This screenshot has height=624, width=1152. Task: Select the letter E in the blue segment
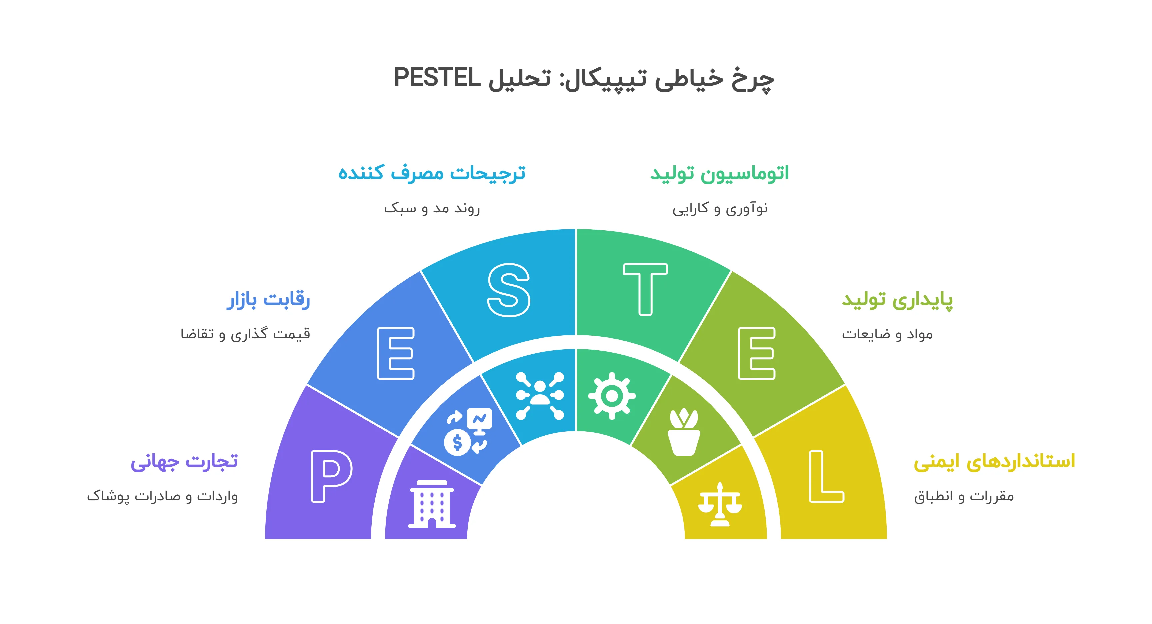click(x=396, y=353)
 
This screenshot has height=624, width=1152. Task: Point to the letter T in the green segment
click(x=645, y=289)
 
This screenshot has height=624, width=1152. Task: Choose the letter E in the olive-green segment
click(x=757, y=353)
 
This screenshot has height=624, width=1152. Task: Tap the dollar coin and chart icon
click(x=468, y=432)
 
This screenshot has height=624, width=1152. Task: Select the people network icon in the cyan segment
click(x=540, y=395)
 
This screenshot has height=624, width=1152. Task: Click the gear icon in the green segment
click(x=612, y=395)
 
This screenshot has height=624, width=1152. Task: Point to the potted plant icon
click(x=684, y=432)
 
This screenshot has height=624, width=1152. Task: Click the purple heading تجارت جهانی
click(x=184, y=462)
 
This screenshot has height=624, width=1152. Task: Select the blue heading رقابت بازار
click(x=268, y=300)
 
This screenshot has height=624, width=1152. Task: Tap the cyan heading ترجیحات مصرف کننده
click(x=432, y=173)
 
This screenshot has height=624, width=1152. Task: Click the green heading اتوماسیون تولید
click(x=720, y=173)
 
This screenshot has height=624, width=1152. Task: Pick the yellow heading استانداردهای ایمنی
click(x=994, y=462)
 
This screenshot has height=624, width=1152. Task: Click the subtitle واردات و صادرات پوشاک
click(x=162, y=496)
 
